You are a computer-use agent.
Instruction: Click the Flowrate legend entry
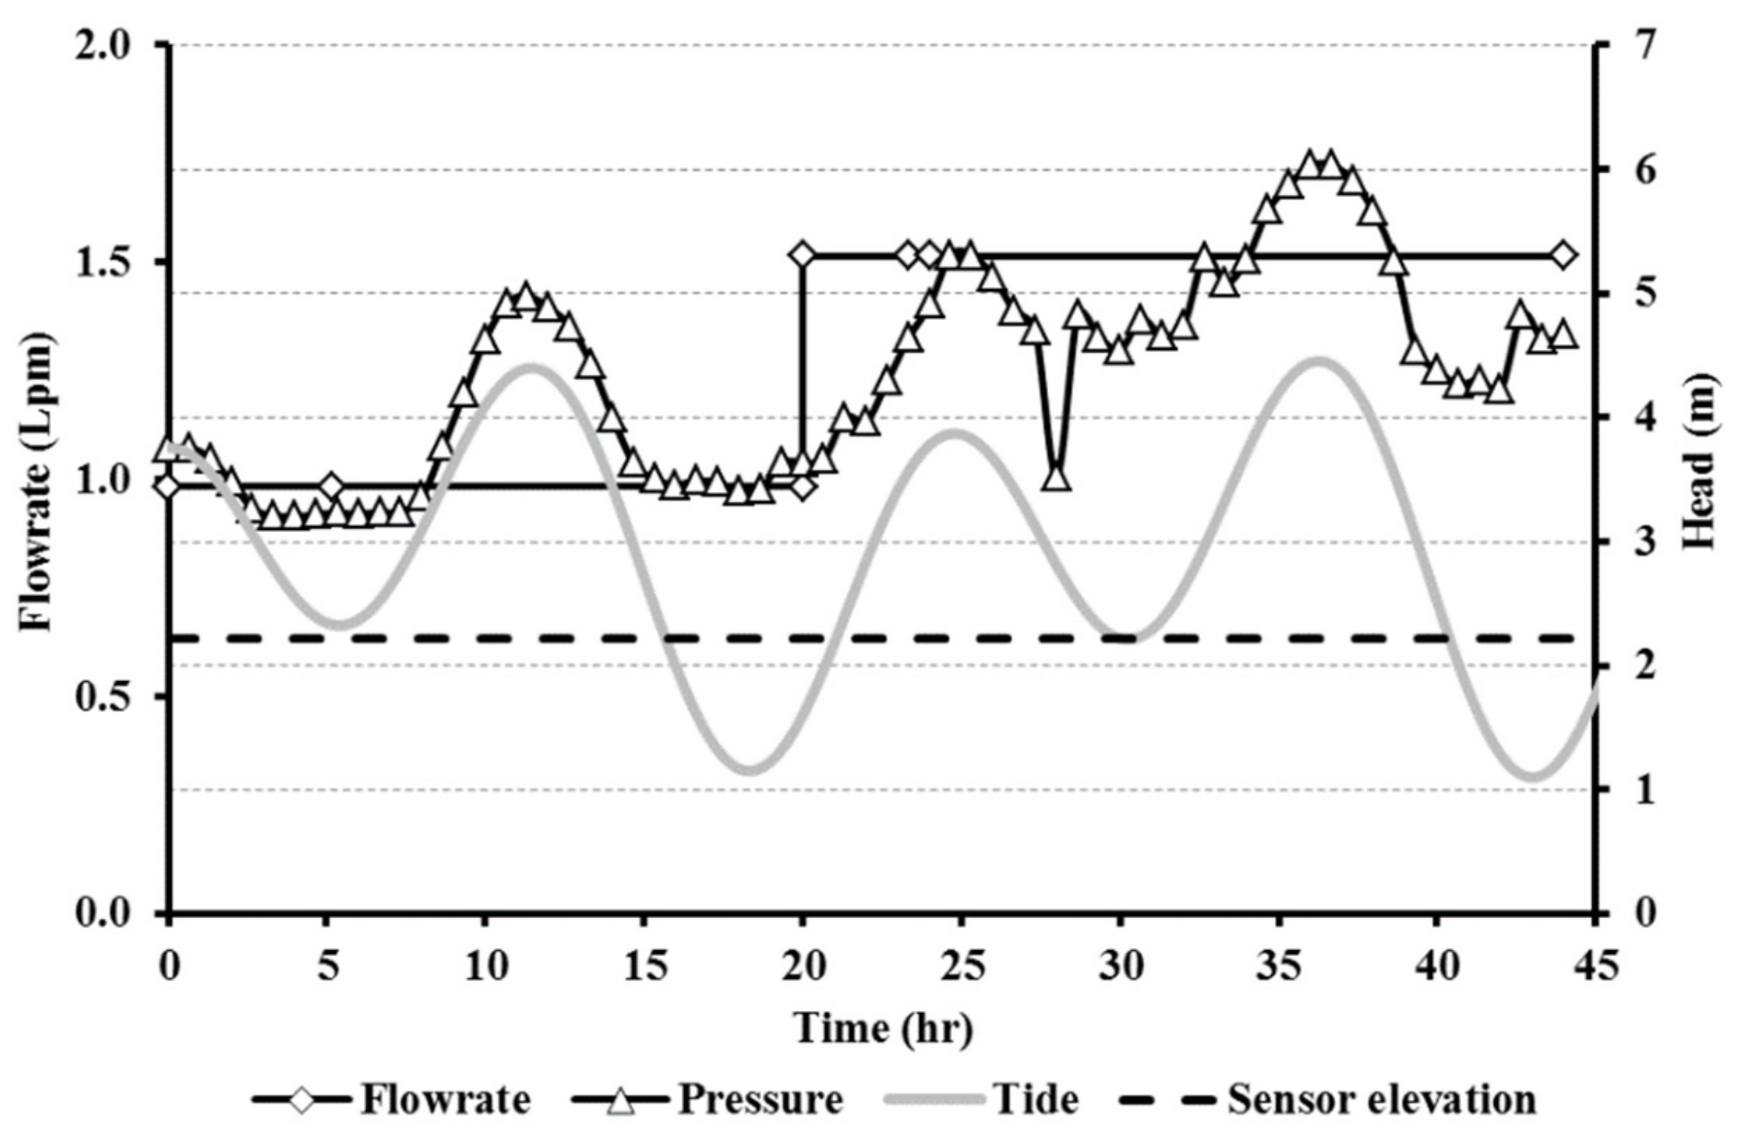point(393,1098)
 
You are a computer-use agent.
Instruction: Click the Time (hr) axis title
point(882,1028)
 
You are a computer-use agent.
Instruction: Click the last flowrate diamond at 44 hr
point(1564,256)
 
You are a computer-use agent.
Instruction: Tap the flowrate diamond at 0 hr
point(168,488)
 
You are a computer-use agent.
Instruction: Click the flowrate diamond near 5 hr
point(331,487)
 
